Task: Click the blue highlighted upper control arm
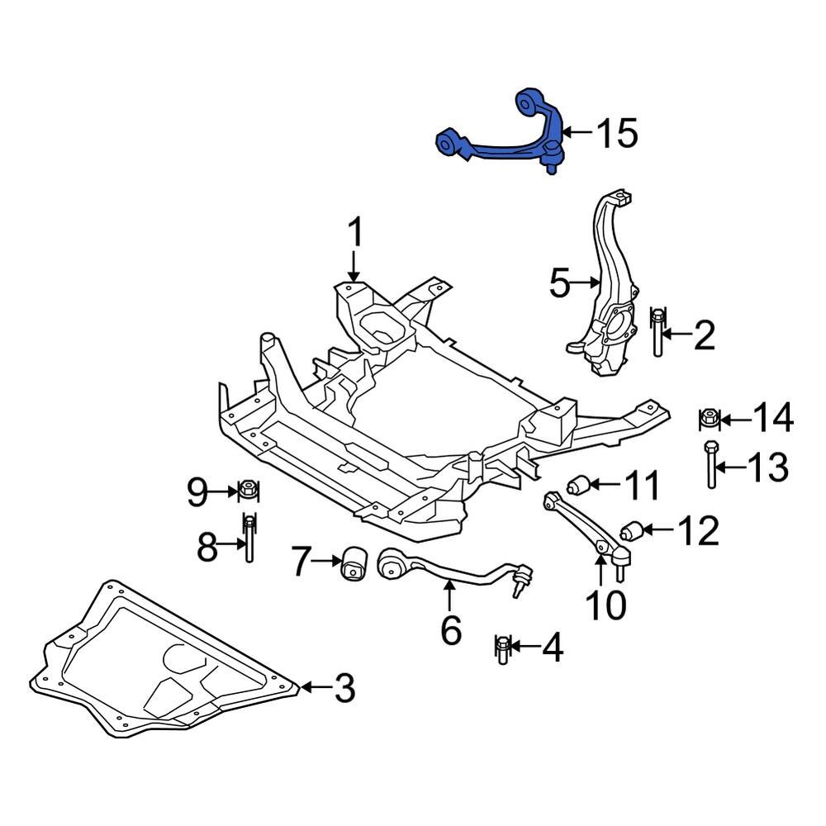504,147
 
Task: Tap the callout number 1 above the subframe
354,234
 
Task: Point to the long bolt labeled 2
657,336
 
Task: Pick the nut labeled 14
709,420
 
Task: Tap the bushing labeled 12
632,530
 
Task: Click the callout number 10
606,605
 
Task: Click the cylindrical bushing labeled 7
354,565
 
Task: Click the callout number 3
342,687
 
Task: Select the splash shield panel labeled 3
165,661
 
